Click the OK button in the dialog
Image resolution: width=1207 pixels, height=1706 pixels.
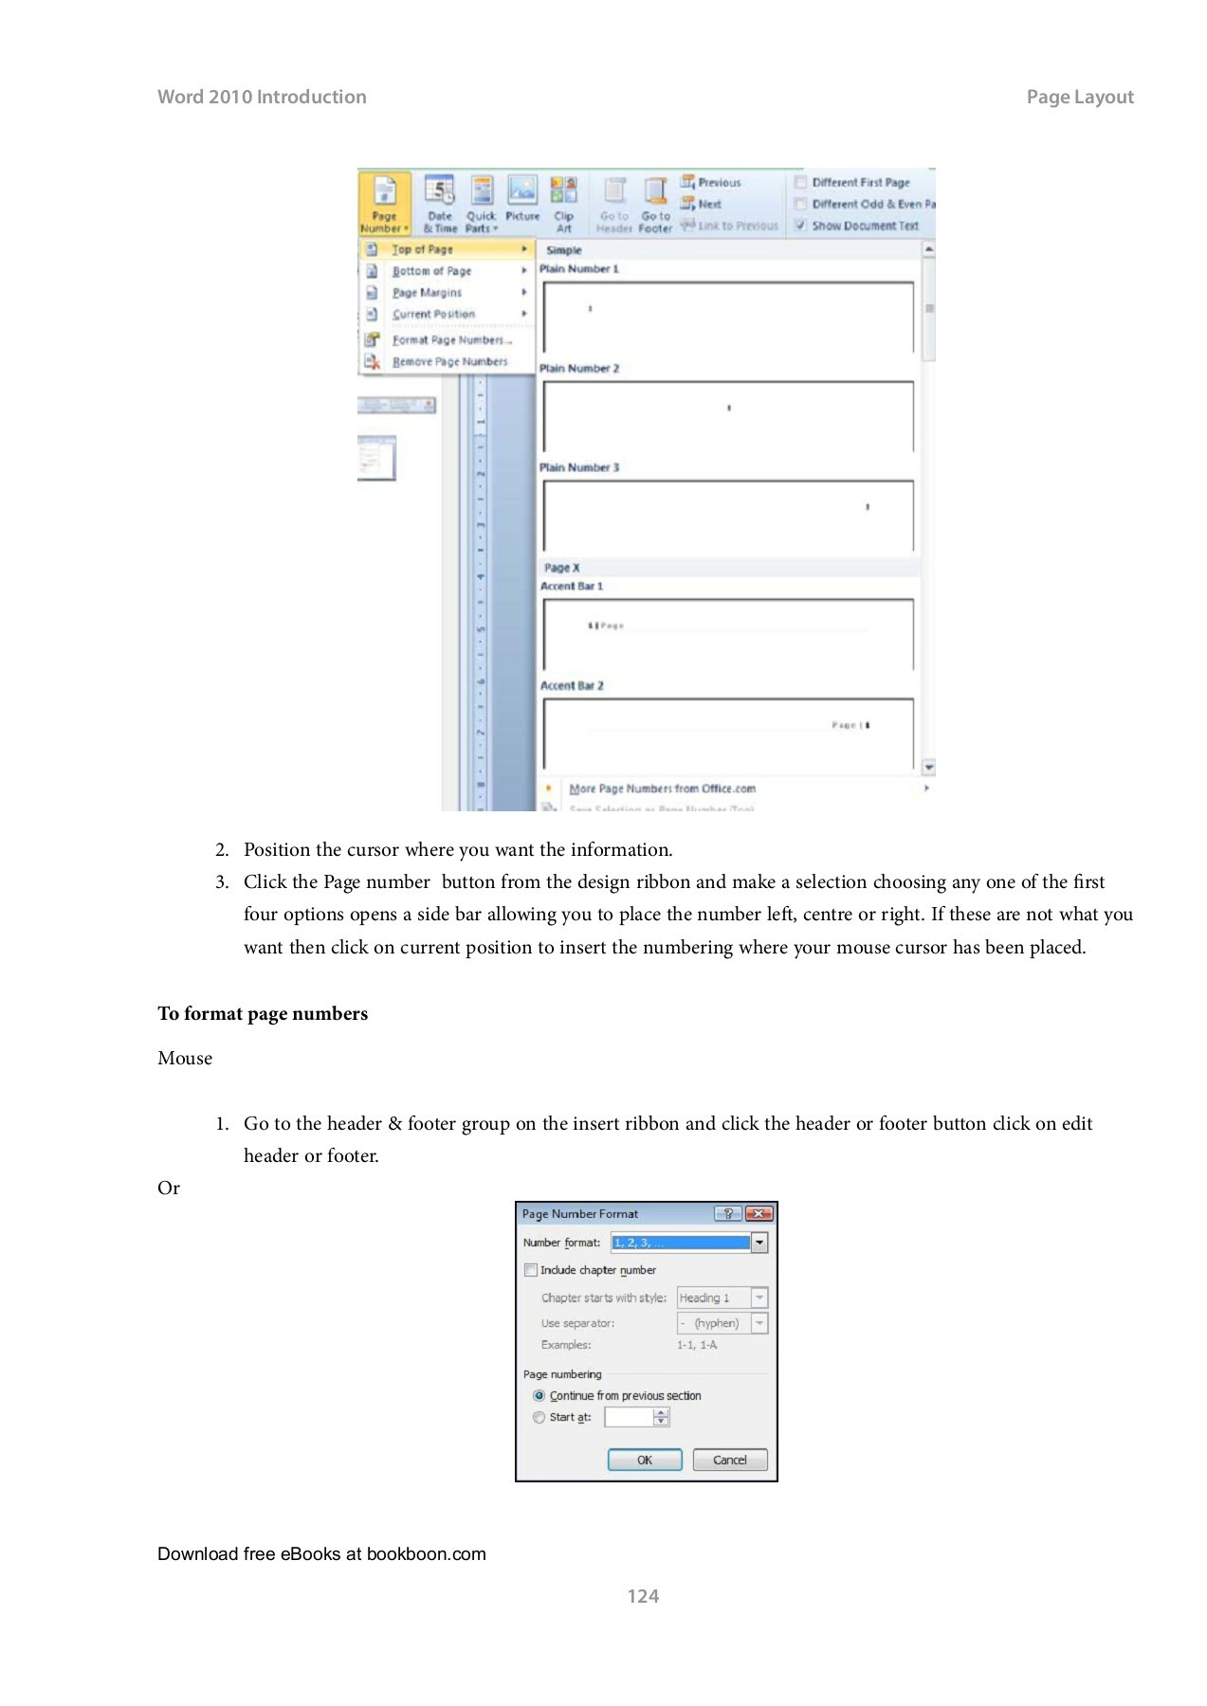(x=644, y=1460)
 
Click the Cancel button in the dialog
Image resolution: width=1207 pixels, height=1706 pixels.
(x=729, y=1460)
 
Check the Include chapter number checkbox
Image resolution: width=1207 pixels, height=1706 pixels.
(x=531, y=1270)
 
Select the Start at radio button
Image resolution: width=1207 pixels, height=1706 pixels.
(x=539, y=1418)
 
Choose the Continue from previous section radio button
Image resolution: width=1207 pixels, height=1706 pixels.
(x=539, y=1396)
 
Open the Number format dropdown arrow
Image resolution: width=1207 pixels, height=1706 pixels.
(x=759, y=1243)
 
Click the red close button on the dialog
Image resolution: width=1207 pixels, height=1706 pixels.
(x=759, y=1213)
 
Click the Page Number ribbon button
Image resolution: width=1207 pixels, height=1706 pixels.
(x=384, y=204)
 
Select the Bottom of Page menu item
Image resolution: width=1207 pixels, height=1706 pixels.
(x=431, y=271)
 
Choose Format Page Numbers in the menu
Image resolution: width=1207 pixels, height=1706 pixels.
(x=451, y=339)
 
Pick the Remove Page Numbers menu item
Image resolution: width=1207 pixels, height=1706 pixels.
(x=449, y=362)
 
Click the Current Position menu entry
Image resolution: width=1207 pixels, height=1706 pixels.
(x=433, y=314)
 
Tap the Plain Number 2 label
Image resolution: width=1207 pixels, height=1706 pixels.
(x=578, y=369)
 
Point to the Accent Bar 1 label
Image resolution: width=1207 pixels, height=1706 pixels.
(x=571, y=587)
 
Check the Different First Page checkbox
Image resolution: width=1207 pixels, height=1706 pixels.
(x=801, y=182)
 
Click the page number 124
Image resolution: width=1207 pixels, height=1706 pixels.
(x=643, y=1596)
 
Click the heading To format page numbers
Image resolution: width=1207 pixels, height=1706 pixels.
(x=263, y=1014)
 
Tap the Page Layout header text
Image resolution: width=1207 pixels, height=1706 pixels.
(x=1079, y=97)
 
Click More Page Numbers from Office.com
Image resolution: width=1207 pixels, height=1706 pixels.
(x=662, y=789)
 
